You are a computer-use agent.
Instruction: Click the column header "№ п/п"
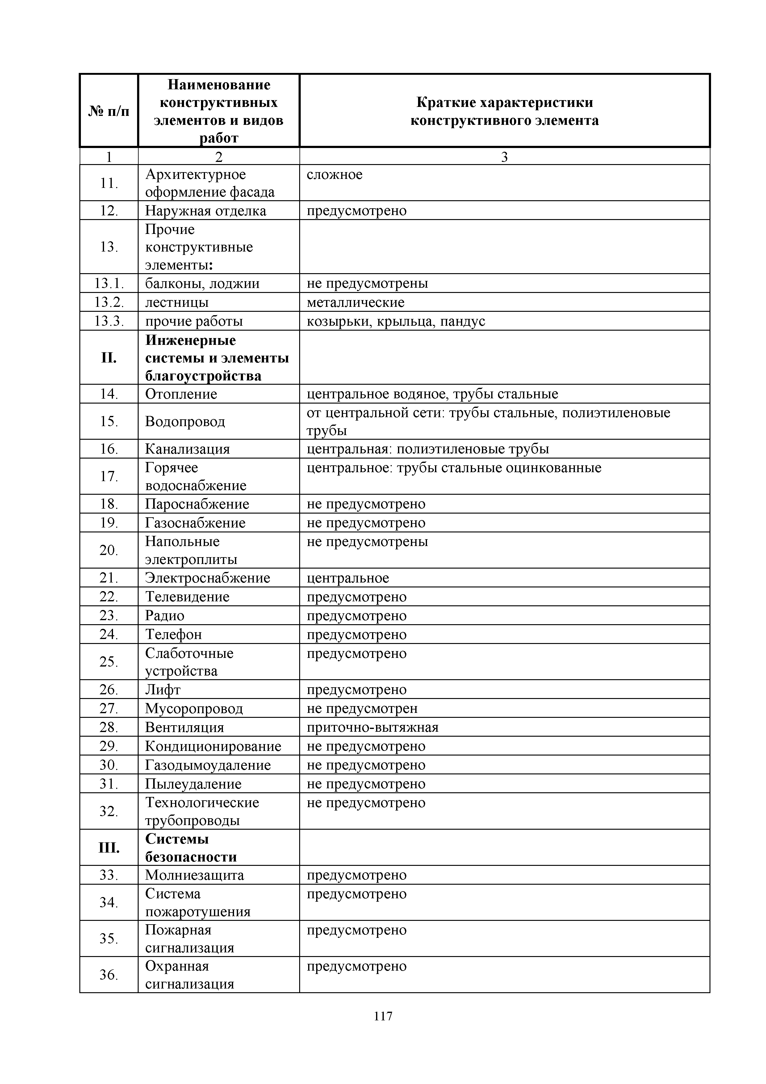109,112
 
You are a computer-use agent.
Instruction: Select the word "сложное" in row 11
334,175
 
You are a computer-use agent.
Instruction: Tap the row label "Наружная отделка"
206,210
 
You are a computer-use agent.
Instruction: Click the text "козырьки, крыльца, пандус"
396,321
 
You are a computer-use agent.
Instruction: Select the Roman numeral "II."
109,358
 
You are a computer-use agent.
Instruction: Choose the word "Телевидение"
187,597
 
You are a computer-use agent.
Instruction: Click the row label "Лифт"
163,690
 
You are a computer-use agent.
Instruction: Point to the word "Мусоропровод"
194,709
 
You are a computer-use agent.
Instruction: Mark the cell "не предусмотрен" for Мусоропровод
362,709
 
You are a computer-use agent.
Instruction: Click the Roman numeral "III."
109,848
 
